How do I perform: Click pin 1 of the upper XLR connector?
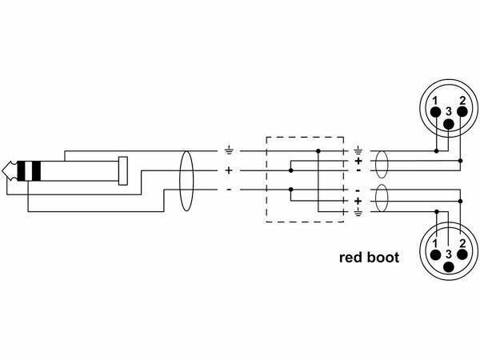click(436, 112)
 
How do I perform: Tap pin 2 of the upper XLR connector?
click(462, 112)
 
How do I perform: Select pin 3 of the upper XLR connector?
click(449, 124)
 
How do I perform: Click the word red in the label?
click(353, 258)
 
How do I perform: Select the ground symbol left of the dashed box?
click(229, 150)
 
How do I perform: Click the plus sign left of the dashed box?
click(229, 170)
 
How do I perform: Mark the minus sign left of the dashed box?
click(229, 190)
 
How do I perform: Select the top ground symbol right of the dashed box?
click(357, 150)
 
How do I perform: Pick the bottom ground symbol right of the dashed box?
click(357, 212)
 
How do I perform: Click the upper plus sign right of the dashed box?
click(357, 161)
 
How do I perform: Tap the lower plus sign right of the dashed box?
click(357, 201)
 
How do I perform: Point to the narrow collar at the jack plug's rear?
click(122, 170)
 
